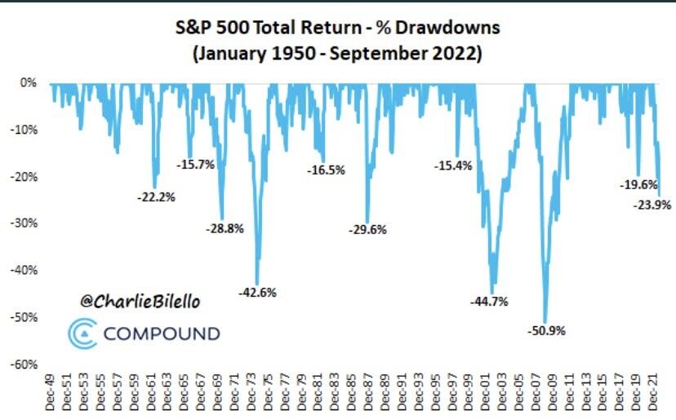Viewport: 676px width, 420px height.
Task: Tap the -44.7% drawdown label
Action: point(489,301)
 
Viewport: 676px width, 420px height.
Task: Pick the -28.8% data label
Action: point(225,228)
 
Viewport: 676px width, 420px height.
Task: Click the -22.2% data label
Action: point(157,197)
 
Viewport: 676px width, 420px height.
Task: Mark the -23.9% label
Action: point(652,206)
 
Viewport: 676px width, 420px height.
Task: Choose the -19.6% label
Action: point(638,185)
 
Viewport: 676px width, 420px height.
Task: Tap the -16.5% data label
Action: point(326,170)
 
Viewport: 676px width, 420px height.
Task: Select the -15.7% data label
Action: point(195,164)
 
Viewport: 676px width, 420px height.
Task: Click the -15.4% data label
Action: point(452,166)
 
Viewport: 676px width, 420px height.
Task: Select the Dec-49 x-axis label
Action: point(51,394)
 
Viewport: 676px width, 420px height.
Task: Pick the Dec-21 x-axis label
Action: point(653,394)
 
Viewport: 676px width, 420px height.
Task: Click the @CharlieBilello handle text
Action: point(140,301)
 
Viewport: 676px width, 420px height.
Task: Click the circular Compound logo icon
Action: point(81,333)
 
